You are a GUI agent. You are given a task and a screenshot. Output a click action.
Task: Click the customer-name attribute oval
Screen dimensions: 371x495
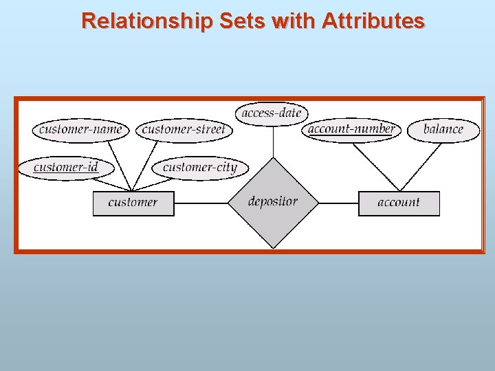tap(80, 129)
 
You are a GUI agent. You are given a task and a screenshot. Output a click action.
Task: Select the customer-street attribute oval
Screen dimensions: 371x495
tap(184, 130)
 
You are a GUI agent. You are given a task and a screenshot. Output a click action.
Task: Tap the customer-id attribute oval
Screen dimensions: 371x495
tap(66, 167)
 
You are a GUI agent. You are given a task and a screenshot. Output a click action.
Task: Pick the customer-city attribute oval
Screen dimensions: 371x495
tap(199, 167)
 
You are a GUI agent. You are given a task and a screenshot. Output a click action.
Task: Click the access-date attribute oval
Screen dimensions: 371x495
tap(272, 113)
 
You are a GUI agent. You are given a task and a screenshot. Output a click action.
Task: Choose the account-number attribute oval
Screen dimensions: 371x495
tap(351, 128)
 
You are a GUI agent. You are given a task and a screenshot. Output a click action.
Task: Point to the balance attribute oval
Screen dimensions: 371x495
tap(443, 129)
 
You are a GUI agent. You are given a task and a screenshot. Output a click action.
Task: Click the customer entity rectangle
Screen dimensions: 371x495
tap(133, 203)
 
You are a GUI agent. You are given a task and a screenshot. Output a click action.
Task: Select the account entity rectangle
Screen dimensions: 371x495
tap(399, 203)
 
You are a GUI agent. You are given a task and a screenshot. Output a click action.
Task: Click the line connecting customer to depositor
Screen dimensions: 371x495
tap(201, 203)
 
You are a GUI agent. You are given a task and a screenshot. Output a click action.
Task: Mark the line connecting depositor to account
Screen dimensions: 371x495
tap(338, 203)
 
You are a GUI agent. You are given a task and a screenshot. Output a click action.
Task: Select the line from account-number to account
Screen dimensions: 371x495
tap(375, 166)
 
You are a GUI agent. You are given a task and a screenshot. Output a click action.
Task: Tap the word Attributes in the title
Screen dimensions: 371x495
tap(373, 21)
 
